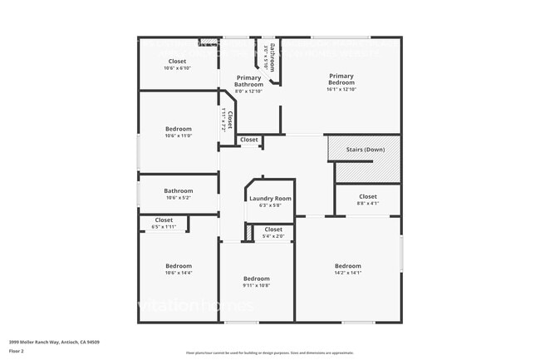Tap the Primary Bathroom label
248,81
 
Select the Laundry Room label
271,199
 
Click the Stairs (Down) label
365,150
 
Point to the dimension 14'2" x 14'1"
347,272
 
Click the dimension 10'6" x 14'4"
178,272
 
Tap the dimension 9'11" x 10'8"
256,285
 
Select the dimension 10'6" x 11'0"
178,136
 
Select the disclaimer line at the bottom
270,353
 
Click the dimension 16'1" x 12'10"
341,88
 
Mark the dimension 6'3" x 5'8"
271,205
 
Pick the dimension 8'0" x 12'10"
248,91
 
